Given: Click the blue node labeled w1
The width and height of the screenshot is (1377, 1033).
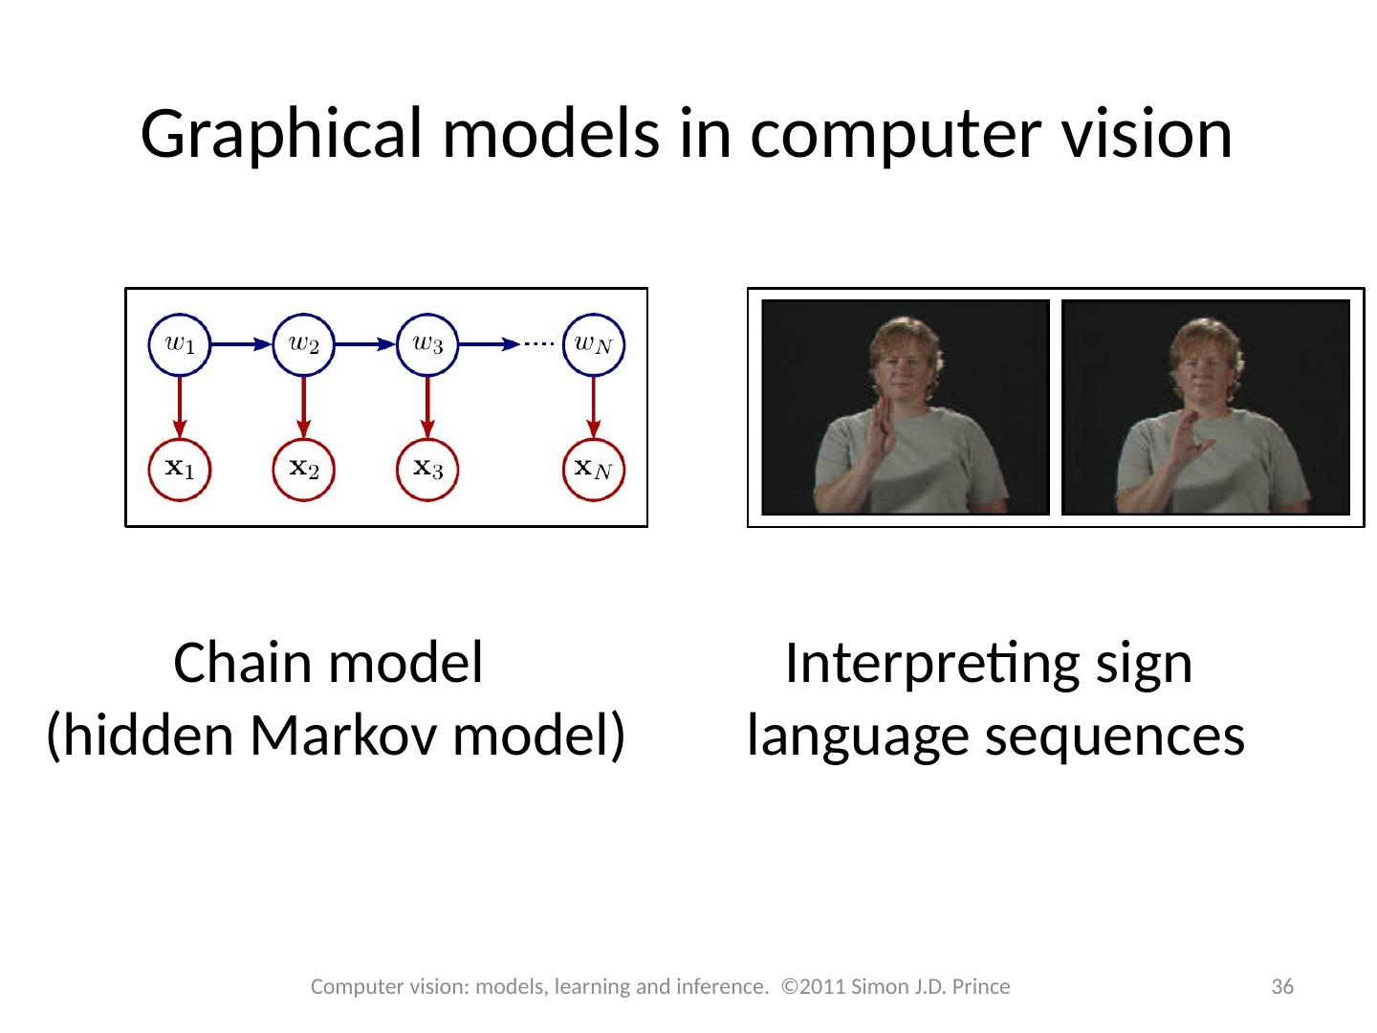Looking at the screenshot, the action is pos(181,344).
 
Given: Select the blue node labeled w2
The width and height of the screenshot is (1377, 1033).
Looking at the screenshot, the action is pos(304,344).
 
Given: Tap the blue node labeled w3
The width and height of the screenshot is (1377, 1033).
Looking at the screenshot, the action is pos(427,344).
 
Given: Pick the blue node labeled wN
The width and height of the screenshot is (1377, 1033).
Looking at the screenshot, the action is pos(593,344).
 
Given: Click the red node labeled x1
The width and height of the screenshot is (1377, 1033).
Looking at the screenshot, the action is pos(181,469).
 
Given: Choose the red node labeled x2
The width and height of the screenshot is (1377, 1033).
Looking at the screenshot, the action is pos(304,469).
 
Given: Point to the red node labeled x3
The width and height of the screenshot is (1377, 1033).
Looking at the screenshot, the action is pos(427,469).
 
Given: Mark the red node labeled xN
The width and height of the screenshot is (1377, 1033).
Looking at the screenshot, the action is pos(593,469).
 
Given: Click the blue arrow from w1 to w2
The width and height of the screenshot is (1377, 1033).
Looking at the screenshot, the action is pos(242,344).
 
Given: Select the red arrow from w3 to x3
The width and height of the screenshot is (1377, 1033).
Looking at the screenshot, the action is pos(427,407).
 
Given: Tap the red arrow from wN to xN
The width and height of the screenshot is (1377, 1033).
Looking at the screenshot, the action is pos(593,407).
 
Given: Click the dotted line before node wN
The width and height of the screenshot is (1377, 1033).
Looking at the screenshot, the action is pos(541,344).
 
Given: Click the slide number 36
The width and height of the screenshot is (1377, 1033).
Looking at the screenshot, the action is pos(1282,986).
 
